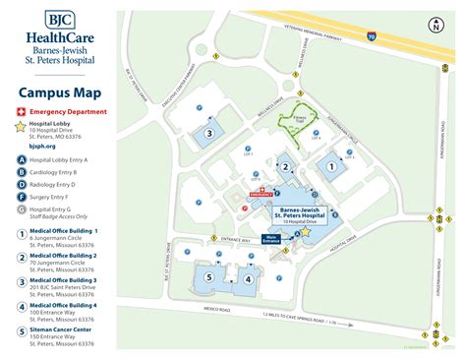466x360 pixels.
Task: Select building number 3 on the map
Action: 208,133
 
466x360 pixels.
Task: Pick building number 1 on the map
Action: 331,167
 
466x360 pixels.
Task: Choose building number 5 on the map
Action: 207,277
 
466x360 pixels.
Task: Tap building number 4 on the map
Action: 248,278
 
